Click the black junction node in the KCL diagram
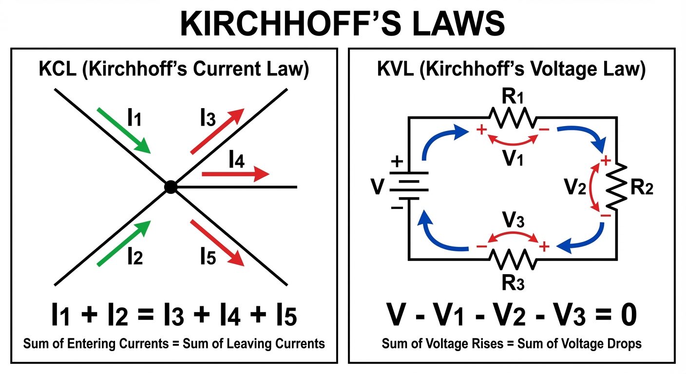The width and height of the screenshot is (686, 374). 170,187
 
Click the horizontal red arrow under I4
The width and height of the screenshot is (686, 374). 235,174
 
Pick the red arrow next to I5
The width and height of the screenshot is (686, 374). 216,243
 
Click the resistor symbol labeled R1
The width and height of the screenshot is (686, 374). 512,117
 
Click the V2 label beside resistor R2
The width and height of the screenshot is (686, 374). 575,187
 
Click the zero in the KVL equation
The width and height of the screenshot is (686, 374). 627,316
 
